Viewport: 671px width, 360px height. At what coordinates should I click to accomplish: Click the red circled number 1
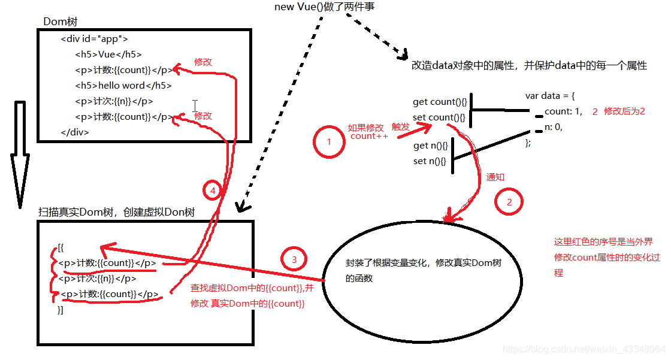click(328, 142)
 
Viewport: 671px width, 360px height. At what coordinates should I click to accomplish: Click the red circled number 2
click(509, 202)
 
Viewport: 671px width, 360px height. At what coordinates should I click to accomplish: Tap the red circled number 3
click(294, 259)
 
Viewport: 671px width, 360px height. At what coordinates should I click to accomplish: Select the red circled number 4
click(213, 191)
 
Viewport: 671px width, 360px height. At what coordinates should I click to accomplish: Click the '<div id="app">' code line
click(94, 39)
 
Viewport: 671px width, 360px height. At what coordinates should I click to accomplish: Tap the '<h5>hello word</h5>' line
click(123, 86)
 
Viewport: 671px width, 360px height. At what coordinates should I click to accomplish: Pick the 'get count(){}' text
click(439, 102)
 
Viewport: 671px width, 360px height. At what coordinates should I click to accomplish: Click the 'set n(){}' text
click(430, 161)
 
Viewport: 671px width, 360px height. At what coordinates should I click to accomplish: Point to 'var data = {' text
click(550, 96)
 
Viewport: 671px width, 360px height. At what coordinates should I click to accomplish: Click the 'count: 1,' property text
click(563, 111)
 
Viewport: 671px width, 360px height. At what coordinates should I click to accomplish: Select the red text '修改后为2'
click(624, 111)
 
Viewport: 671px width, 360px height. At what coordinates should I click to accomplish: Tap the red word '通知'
click(495, 177)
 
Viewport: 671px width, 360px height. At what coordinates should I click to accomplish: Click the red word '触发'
click(400, 126)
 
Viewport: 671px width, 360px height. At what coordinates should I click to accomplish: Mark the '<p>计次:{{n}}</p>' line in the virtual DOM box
click(96, 279)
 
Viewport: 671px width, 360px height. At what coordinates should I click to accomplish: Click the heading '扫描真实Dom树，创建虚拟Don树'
click(116, 213)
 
